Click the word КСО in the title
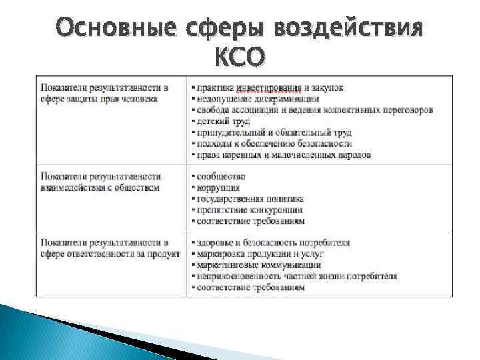click(239, 59)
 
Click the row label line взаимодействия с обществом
click(99, 187)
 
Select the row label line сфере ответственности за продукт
click(110, 254)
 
